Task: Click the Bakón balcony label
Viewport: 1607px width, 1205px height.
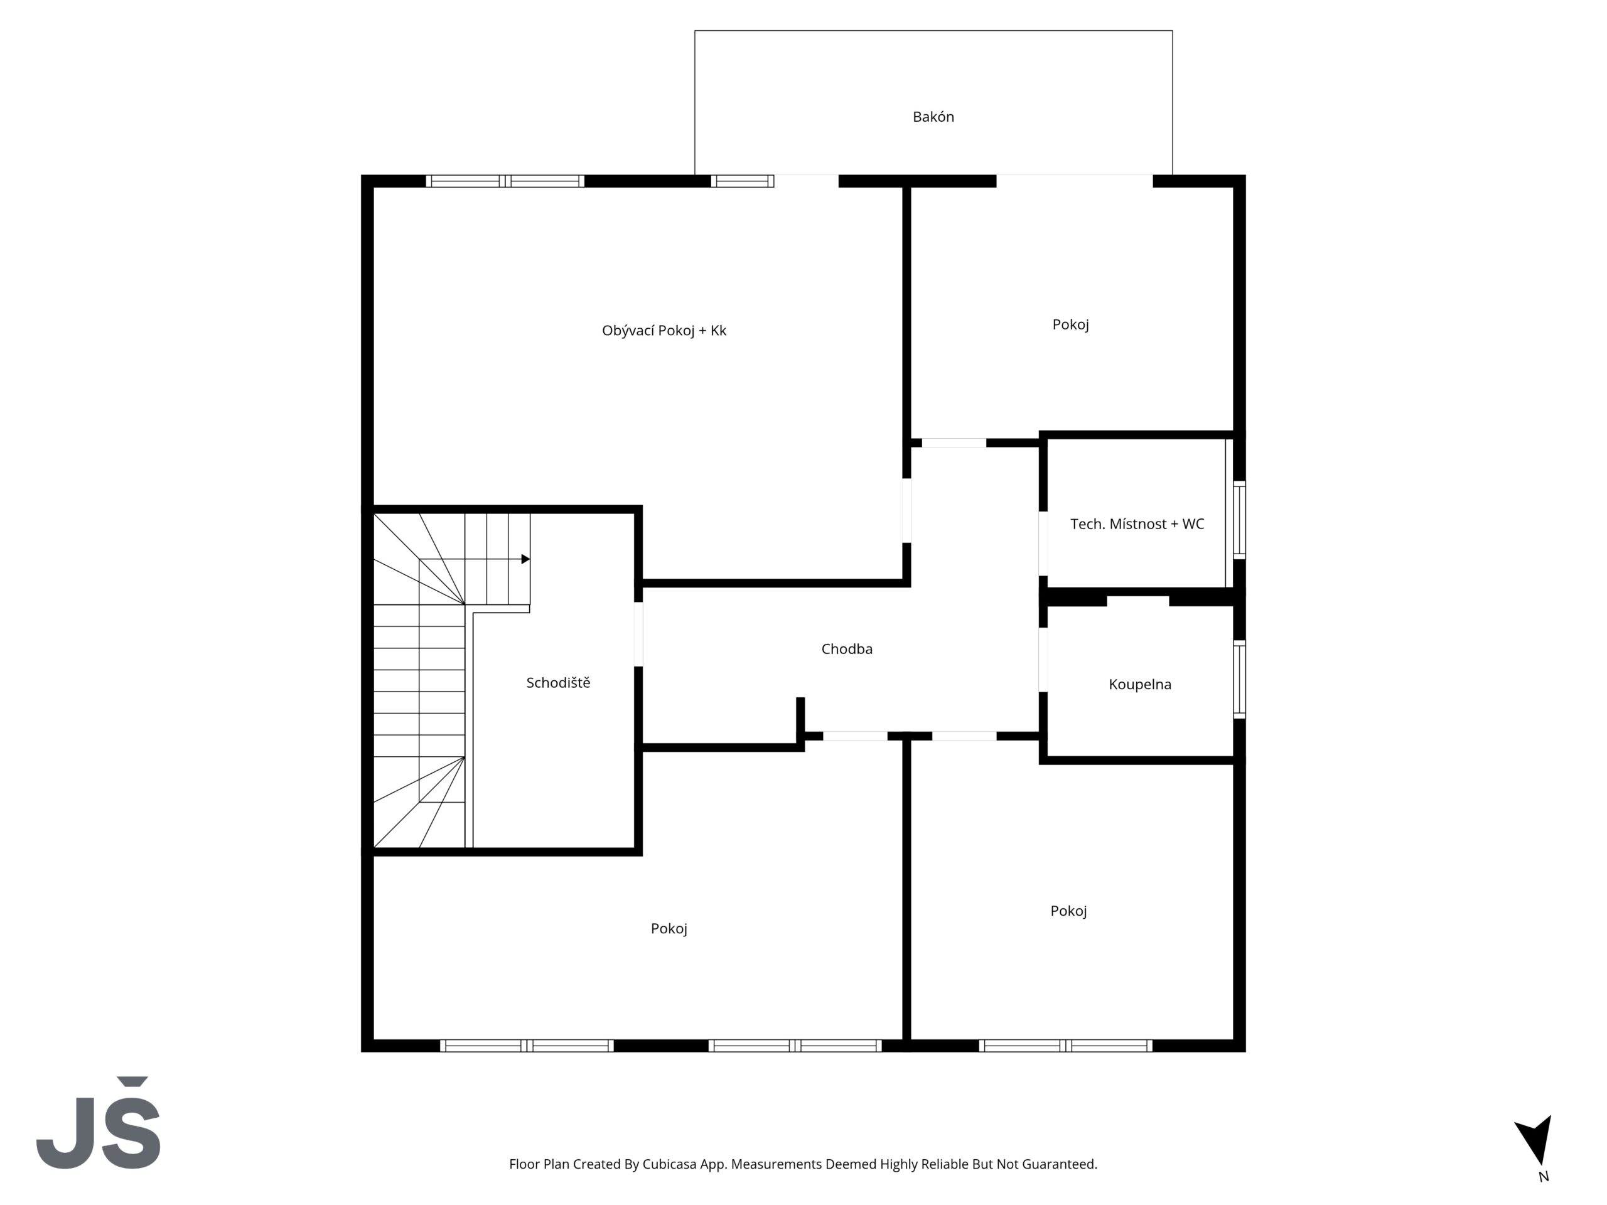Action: (x=933, y=117)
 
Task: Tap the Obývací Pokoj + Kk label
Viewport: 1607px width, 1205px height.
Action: (x=664, y=331)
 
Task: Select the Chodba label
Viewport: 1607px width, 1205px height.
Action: (x=846, y=648)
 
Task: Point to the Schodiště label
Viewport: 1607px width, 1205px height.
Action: (x=558, y=682)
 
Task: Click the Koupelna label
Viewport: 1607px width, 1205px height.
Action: (x=1140, y=684)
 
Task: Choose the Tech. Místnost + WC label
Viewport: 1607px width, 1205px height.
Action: (x=1137, y=523)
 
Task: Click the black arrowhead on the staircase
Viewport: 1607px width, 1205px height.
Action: (x=525, y=559)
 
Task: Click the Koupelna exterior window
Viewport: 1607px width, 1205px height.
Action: (x=1239, y=679)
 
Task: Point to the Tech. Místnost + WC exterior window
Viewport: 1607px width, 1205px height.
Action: (x=1239, y=520)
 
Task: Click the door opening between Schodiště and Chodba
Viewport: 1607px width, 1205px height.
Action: (x=638, y=634)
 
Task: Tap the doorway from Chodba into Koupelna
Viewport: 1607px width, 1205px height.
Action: (x=1043, y=660)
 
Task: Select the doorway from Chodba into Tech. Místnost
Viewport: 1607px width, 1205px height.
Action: (x=1043, y=544)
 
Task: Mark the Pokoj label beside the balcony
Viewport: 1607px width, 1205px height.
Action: (x=1070, y=324)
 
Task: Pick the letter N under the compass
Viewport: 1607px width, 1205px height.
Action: (x=1544, y=1177)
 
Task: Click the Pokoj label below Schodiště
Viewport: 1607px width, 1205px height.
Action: (x=669, y=928)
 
